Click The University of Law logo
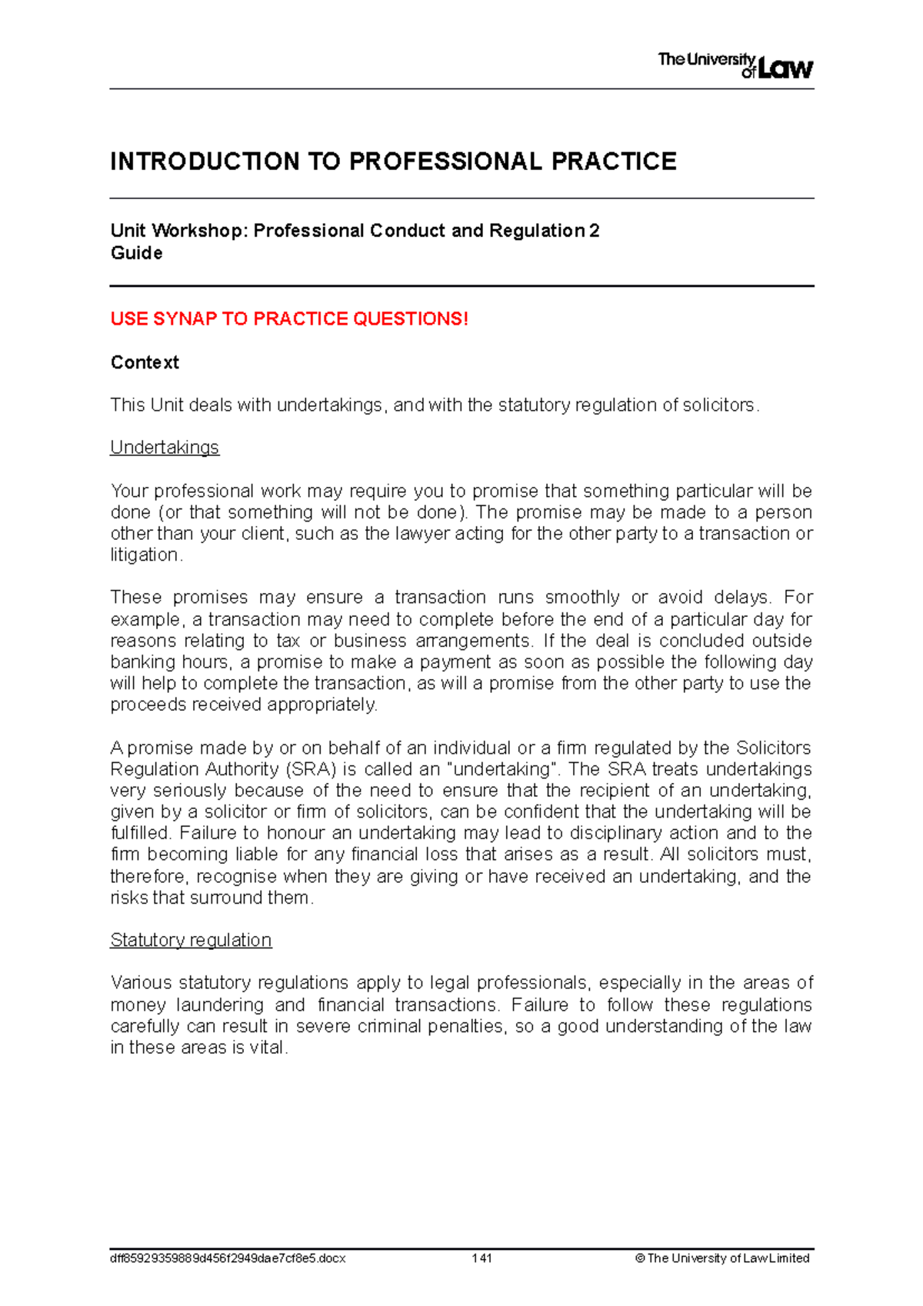(735, 65)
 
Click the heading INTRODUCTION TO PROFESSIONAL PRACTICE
(393, 162)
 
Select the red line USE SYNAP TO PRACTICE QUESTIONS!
(289, 319)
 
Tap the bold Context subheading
(145, 362)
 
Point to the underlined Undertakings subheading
(165, 448)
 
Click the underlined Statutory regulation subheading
(191, 940)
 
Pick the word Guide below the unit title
(136, 253)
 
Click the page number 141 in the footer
(482, 1258)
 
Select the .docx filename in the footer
(228, 1258)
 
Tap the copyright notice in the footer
(721, 1258)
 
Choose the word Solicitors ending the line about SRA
(773, 748)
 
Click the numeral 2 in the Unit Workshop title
(594, 231)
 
